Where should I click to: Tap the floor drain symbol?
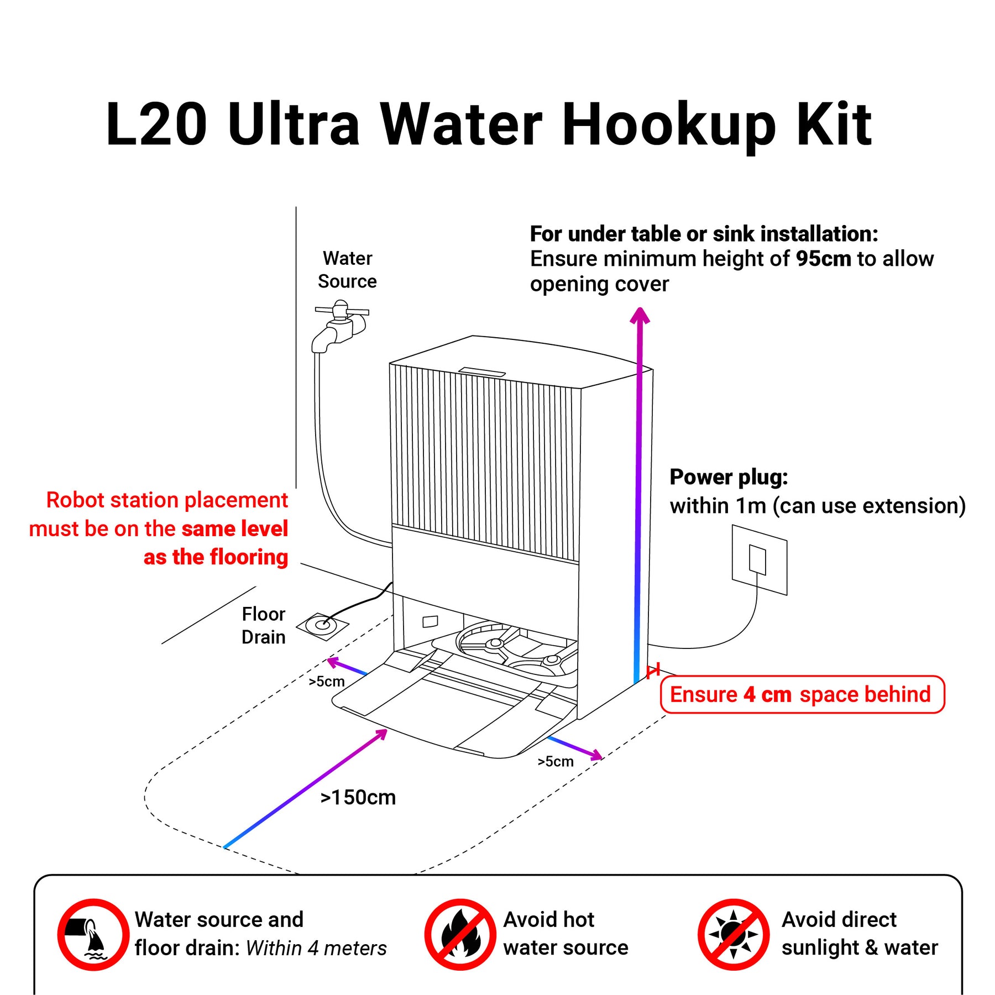tap(323, 626)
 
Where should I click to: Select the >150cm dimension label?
tap(358, 798)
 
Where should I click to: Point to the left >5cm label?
tap(327, 682)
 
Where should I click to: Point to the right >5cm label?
tap(556, 762)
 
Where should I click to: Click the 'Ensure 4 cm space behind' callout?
tap(803, 694)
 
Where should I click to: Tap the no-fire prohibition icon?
tap(460, 934)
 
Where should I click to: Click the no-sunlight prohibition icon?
tap(734, 934)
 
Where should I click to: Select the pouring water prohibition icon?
tap(93, 934)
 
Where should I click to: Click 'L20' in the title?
tap(156, 124)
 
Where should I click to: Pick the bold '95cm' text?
tap(824, 259)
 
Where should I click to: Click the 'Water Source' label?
tap(347, 270)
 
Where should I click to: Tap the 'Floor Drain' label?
tap(264, 626)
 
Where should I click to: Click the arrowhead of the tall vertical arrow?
tap(640, 315)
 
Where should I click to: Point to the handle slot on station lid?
tap(481, 371)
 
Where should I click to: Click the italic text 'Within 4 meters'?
tap(316, 948)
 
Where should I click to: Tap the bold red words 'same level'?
tap(234, 529)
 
